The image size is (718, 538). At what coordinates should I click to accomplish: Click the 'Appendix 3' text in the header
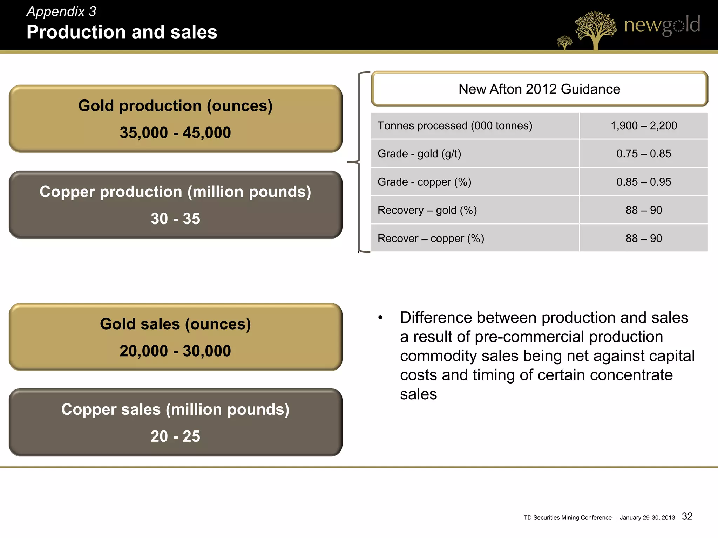61,12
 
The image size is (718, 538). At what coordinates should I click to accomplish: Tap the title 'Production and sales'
122,32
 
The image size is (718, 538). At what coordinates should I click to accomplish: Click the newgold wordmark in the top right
662,25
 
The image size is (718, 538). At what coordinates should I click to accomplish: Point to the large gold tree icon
595,29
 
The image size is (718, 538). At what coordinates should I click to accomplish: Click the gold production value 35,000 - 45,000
175,133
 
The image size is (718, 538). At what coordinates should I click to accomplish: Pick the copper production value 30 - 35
175,219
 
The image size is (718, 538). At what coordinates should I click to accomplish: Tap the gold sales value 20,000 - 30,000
175,351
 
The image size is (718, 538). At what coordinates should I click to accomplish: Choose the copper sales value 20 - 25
175,436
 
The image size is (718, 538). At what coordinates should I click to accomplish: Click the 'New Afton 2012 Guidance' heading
539,89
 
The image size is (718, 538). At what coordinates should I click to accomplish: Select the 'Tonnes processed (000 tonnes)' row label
455,126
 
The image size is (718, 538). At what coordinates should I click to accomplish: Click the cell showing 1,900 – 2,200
644,126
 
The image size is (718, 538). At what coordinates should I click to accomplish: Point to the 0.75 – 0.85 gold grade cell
644,154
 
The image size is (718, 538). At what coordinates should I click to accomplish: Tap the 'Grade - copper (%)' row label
424,182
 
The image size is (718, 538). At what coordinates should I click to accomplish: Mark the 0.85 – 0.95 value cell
644,182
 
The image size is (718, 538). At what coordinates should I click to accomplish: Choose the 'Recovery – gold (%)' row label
427,210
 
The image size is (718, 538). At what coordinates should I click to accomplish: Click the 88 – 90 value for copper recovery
644,239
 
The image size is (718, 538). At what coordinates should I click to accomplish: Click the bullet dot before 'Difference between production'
380,318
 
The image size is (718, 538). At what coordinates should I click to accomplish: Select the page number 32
687,516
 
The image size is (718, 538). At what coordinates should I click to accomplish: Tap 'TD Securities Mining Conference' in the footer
567,518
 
